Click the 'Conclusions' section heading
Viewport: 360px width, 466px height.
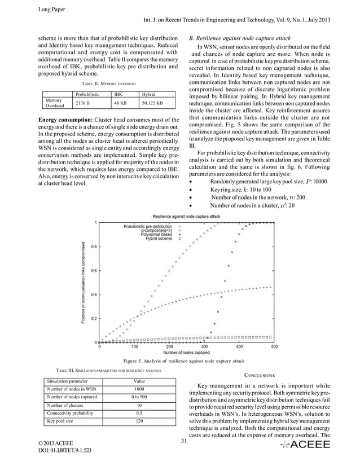[259, 375]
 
